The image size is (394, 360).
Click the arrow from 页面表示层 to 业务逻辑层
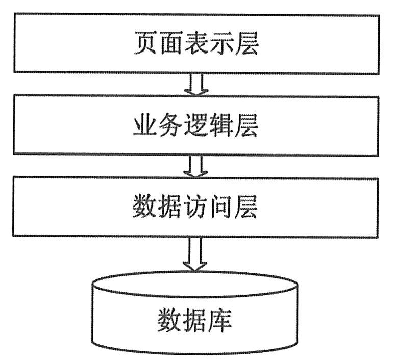(x=196, y=84)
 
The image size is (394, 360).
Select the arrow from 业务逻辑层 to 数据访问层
(x=196, y=166)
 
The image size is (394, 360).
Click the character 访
(x=196, y=207)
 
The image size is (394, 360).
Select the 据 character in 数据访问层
(x=170, y=207)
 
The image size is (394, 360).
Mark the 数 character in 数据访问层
(x=145, y=207)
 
